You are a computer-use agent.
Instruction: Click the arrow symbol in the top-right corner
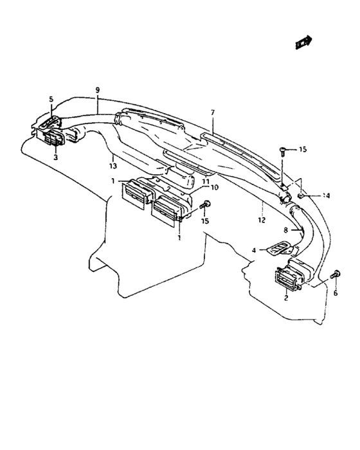pos(303,42)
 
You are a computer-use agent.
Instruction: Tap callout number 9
pos(96,90)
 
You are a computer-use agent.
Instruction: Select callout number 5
pos(51,99)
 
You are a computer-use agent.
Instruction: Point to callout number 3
pos(55,157)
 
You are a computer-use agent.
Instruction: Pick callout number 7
pos(212,113)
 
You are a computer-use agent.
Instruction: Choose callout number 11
pos(206,182)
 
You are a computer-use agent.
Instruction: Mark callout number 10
pos(214,188)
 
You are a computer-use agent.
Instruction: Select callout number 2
pos(286,296)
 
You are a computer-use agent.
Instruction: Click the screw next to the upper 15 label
pos(283,151)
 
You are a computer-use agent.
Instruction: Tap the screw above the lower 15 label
pos(206,205)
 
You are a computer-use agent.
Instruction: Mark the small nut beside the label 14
pos(300,194)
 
